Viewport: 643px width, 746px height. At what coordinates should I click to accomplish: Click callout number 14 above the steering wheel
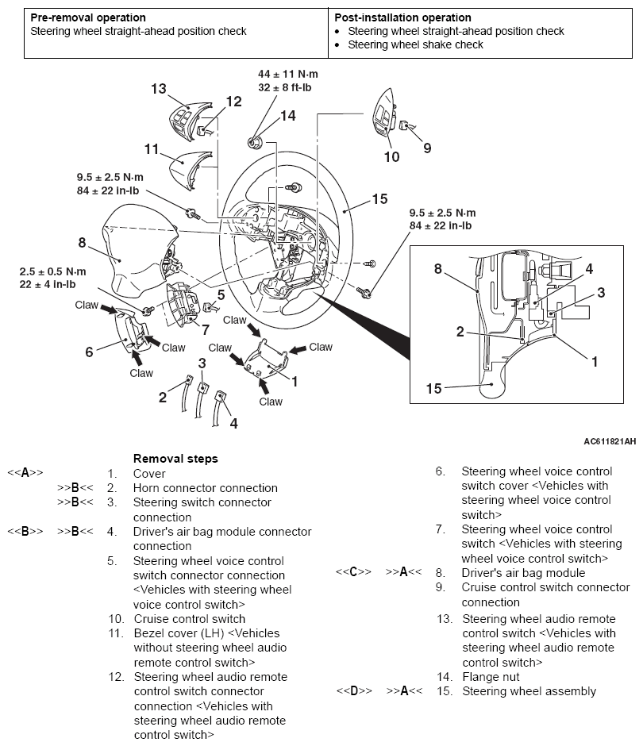[287, 116]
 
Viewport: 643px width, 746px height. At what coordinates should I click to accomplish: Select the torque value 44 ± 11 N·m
[288, 74]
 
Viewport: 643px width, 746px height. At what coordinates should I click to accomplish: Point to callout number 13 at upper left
[158, 89]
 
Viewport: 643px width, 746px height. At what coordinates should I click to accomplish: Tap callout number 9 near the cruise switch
[427, 147]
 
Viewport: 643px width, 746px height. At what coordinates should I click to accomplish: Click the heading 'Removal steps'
[175, 458]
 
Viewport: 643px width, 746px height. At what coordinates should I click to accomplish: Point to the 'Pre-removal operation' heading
[88, 17]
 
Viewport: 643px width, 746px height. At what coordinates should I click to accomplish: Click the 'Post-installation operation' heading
[402, 17]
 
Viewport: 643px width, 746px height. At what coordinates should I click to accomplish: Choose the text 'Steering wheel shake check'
[415, 44]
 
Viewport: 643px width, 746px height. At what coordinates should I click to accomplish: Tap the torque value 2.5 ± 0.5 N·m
[53, 272]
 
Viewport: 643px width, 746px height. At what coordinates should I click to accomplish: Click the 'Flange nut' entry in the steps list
[491, 677]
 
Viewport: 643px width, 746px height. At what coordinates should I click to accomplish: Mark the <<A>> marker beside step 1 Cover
[25, 473]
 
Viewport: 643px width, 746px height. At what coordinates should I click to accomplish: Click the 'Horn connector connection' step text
[206, 488]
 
